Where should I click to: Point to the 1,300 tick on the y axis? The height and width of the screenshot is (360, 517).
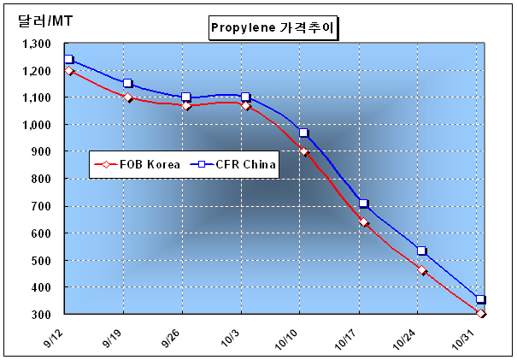[x=33, y=44]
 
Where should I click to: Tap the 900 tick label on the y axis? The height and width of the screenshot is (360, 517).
[x=39, y=152]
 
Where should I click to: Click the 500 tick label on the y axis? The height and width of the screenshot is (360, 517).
[x=39, y=261]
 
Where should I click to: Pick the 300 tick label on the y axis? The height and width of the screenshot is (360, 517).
[x=39, y=315]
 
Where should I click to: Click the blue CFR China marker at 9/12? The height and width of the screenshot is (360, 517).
[x=69, y=60]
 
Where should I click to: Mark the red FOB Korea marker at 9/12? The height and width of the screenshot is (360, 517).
[x=69, y=71]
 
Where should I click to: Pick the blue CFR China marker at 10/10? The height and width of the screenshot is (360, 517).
[x=304, y=133]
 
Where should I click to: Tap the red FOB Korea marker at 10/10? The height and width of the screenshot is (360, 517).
[x=304, y=151]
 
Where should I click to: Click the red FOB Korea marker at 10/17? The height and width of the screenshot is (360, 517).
[x=363, y=222]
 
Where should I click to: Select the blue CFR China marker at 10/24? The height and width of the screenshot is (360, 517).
[x=422, y=251]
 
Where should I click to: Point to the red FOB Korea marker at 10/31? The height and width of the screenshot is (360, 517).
[x=481, y=314]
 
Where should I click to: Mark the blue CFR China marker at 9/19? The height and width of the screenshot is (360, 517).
[x=128, y=84]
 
